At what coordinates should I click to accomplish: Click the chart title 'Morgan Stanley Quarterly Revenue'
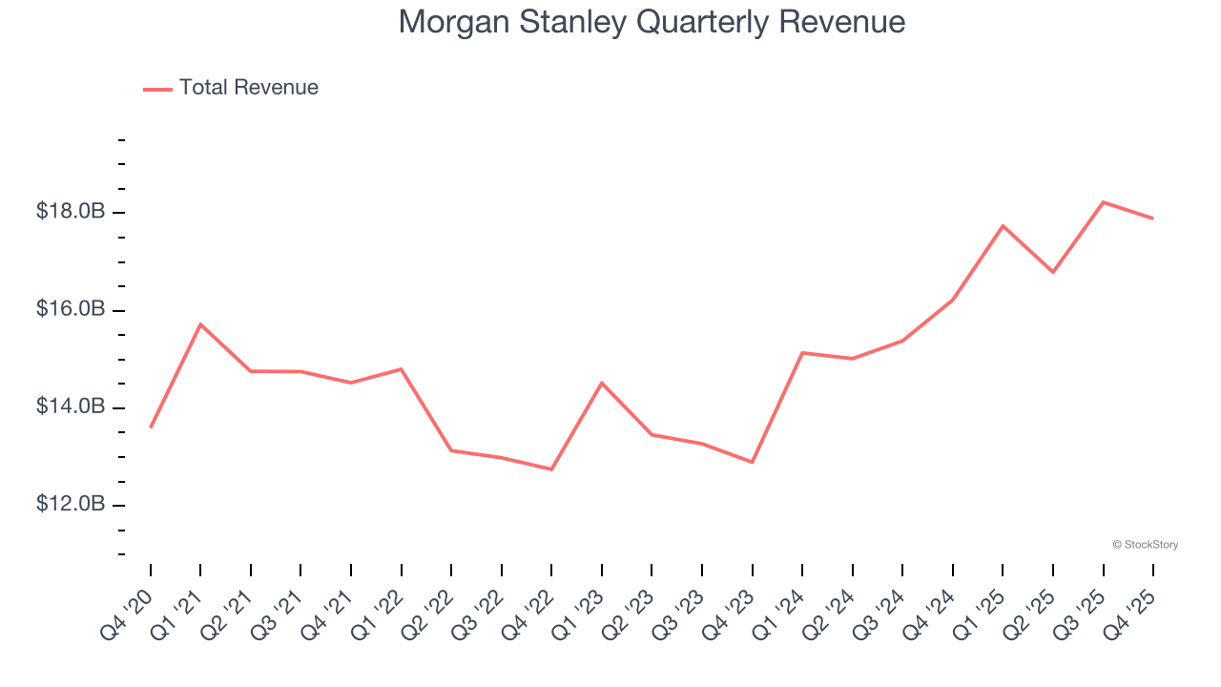coord(652,21)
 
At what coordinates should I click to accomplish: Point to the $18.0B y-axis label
coord(71,212)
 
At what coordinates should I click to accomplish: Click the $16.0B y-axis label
coord(71,310)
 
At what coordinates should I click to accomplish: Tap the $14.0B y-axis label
coord(71,407)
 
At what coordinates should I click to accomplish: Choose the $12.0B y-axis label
coord(71,505)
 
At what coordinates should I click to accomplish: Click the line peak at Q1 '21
coord(200,324)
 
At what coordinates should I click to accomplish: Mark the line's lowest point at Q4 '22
coord(551,469)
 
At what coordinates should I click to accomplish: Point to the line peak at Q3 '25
coord(1104,202)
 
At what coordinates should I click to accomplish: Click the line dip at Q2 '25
coord(1053,272)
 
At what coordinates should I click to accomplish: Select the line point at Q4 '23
coord(753,462)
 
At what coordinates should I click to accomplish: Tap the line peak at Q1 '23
coord(602,383)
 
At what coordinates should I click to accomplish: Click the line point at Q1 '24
coord(802,353)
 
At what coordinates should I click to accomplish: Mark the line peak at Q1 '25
coord(1003,226)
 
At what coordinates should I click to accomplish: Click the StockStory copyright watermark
coord(1145,545)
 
